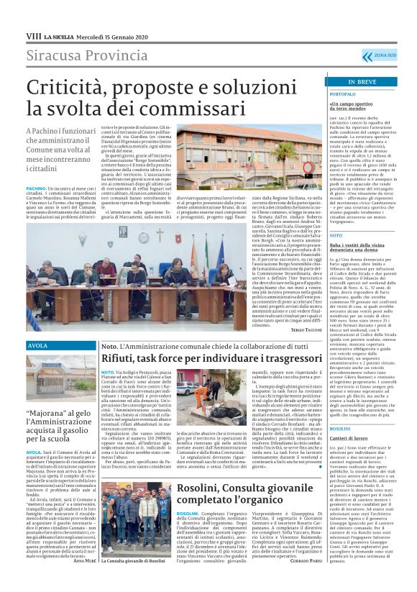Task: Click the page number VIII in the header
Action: (32, 35)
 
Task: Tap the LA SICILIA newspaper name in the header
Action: (58, 35)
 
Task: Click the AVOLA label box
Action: (37, 346)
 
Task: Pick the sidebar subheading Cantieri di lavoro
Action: (330, 438)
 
